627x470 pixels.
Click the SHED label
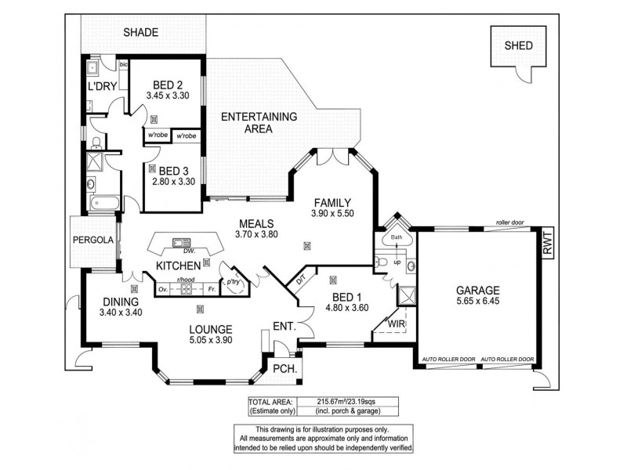pyautogui.click(x=519, y=45)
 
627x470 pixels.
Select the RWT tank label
pyautogui.click(x=547, y=243)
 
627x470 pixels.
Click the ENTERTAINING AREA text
pyautogui.click(x=259, y=123)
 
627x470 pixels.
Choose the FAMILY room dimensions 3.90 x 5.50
pyautogui.click(x=332, y=213)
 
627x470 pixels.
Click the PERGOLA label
pyautogui.click(x=93, y=240)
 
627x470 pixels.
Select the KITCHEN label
pyautogui.click(x=179, y=266)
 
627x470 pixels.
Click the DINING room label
pyautogui.click(x=121, y=302)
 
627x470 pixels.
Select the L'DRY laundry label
pyautogui.click(x=103, y=85)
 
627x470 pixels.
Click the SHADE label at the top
pyautogui.click(x=141, y=33)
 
